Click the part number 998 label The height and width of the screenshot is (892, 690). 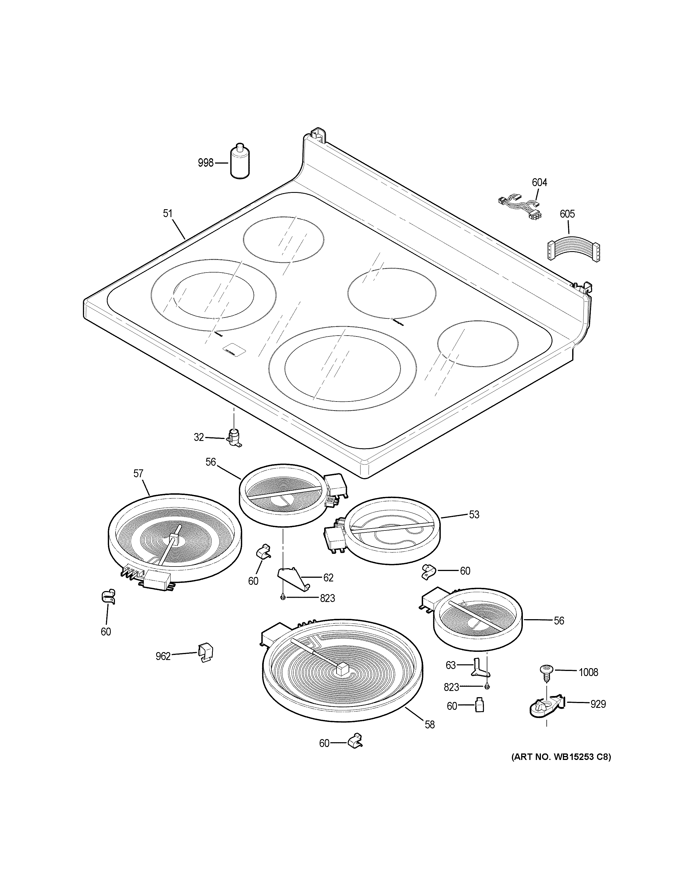[205, 163]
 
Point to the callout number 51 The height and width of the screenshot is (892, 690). [168, 213]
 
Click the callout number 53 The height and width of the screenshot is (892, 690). [474, 515]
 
